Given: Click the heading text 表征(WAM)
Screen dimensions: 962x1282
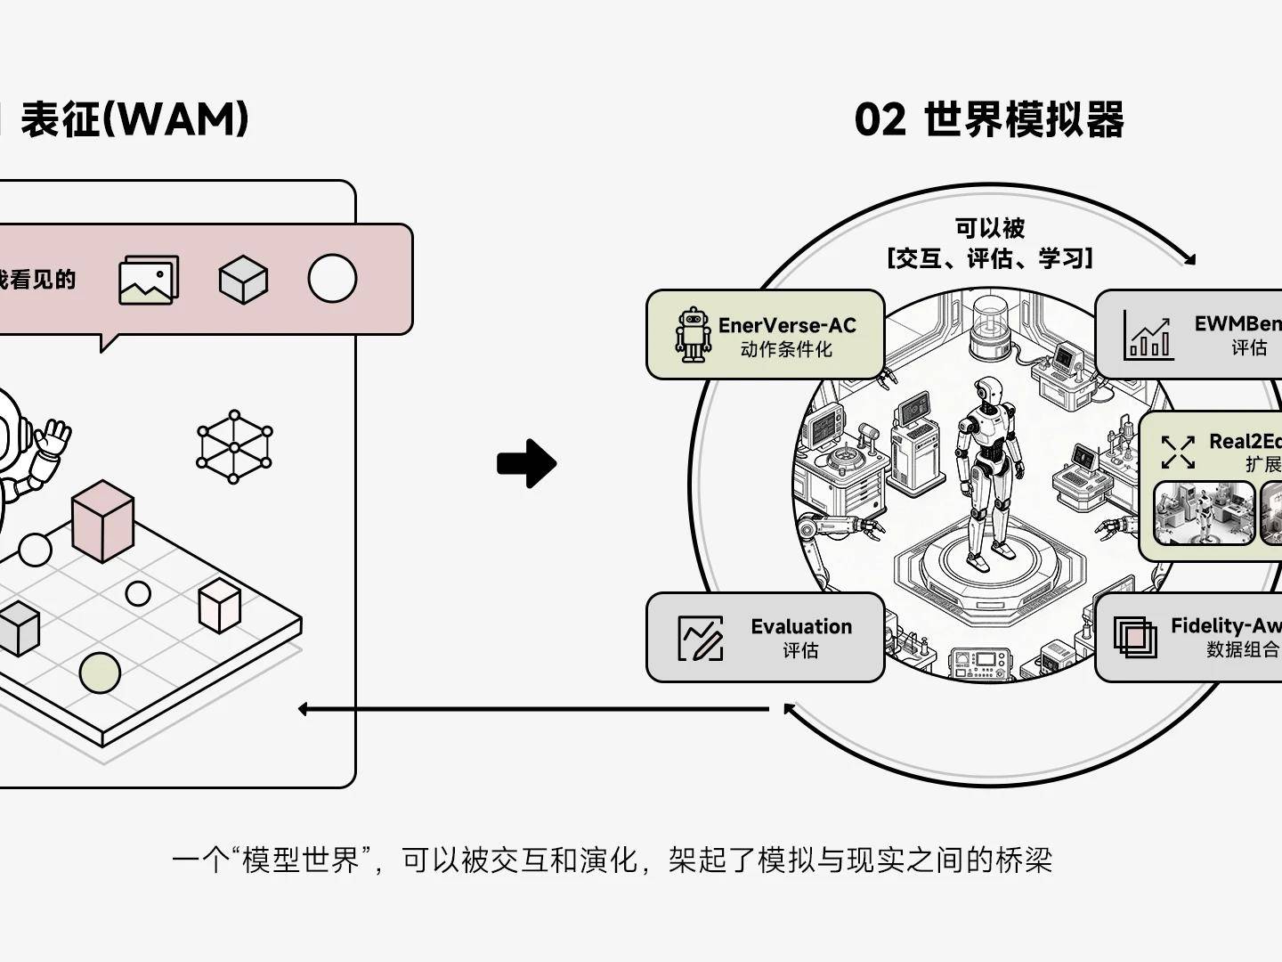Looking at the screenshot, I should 134,119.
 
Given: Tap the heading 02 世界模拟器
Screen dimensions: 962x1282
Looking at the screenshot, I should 988,119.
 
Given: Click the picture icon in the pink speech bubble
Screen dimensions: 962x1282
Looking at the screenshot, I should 149,280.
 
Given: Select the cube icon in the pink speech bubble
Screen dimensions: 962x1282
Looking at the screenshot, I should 243,279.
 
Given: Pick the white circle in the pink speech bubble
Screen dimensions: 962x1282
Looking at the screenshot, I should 332,279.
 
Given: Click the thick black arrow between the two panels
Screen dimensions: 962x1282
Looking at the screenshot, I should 527,463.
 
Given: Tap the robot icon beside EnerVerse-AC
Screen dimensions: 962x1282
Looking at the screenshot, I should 693,335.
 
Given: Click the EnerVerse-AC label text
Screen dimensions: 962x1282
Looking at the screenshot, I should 787,325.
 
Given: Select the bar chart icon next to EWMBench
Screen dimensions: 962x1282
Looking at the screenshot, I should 1148,335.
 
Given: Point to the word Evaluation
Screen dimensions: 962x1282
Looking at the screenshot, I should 801,626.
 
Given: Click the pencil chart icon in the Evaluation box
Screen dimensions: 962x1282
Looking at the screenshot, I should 701,638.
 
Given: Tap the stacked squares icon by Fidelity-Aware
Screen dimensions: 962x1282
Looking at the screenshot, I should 1135,637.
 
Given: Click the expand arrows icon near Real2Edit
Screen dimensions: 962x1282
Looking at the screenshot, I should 1178,452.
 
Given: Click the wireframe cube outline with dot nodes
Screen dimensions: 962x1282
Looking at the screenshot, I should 234,446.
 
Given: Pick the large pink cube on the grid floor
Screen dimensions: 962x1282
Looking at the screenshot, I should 102,520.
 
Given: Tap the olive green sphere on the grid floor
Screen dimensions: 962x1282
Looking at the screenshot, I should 100,673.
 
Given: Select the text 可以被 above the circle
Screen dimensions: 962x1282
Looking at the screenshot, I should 989,228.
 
